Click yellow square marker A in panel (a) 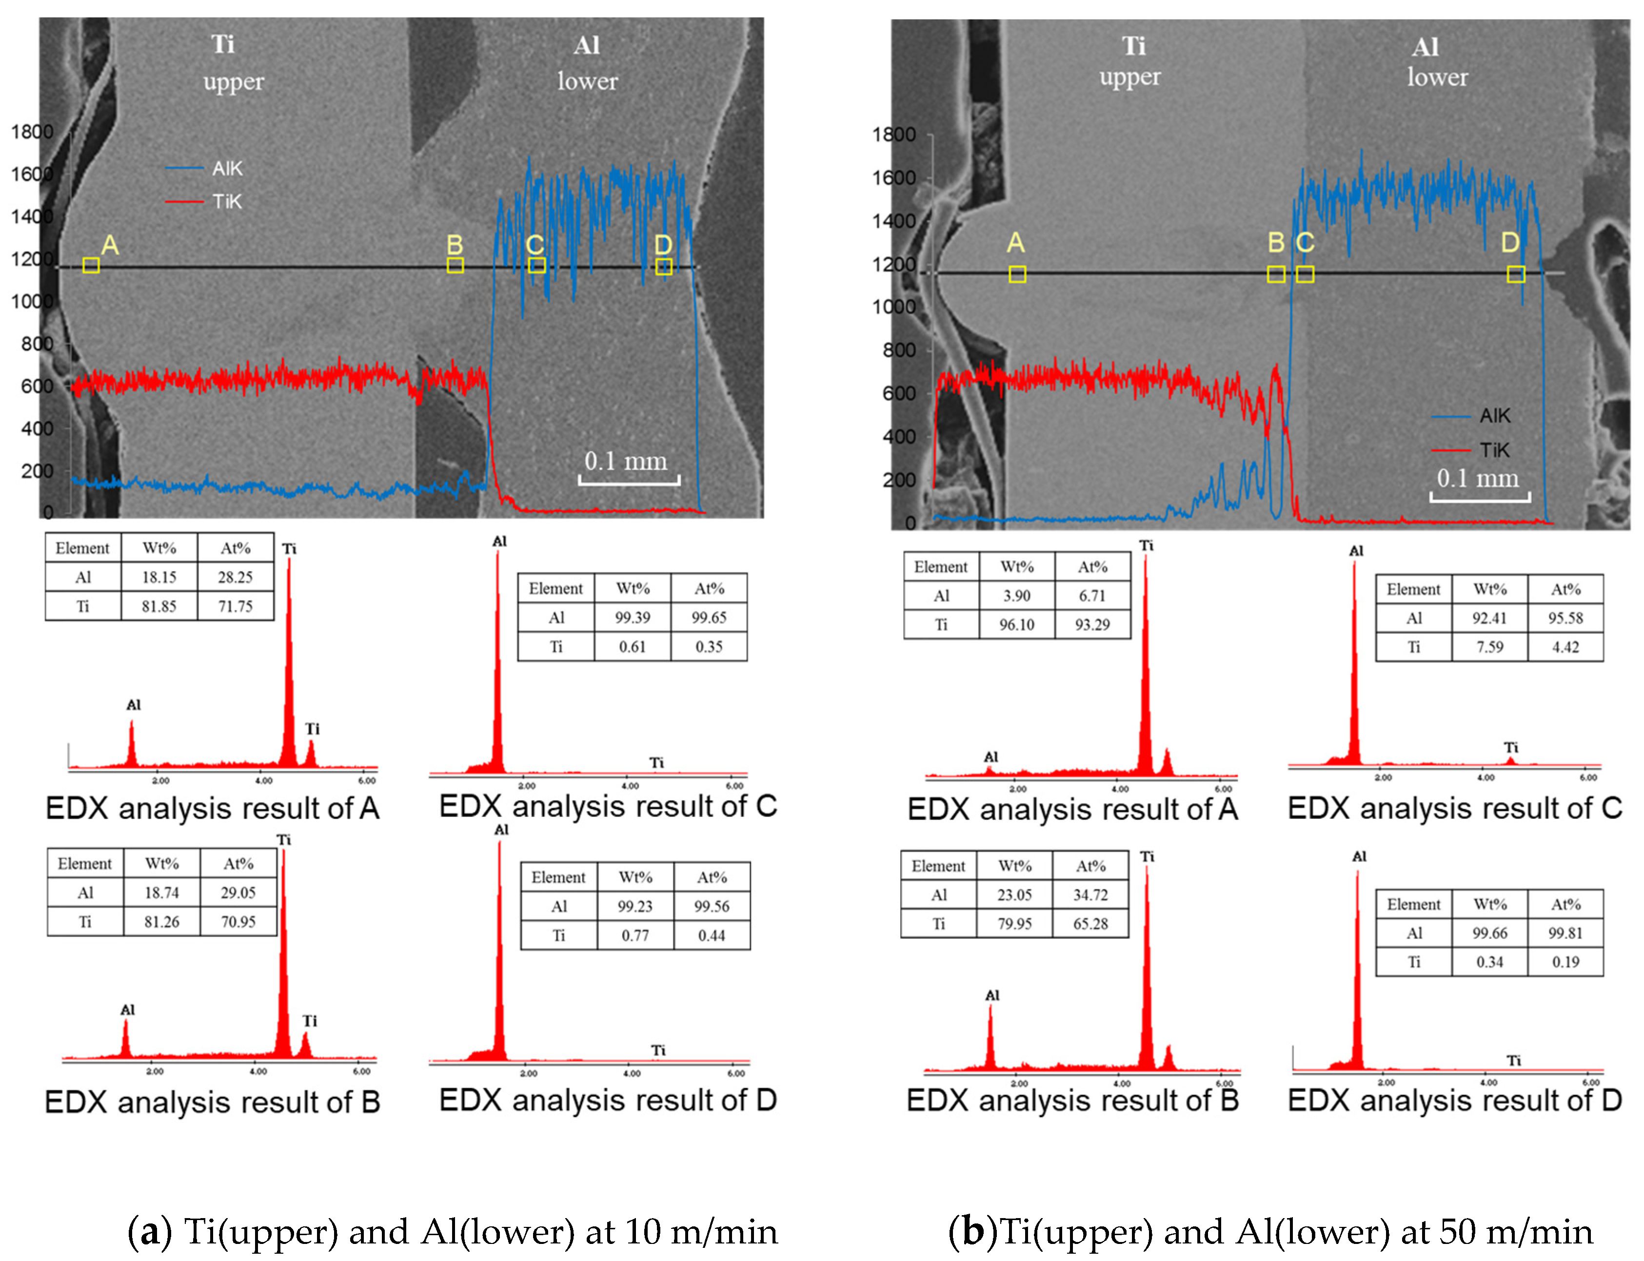pyautogui.click(x=91, y=265)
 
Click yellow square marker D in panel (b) pyautogui.click(x=1516, y=274)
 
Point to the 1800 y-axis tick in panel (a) pyautogui.click(x=32, y=132)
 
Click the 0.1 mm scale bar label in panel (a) pyautogui.click(x=626, y=461)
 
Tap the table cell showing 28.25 pyautogui.click(x=235, y=577)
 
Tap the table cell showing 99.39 pyautogui.click(x=633, y=618)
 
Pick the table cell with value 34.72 pyautogui.click(x=1090, y=895)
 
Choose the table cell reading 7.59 pyautogui.click(x=1489, y=647)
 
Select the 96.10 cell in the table pyautogui.click(x=1016, y=624)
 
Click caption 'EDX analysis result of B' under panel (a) pyautogui.click(x=212, y=1102)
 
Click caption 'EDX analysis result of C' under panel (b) pyautogui.click(x=1455, y=808)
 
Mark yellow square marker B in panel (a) pyautogui.click(x=455, y=265)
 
